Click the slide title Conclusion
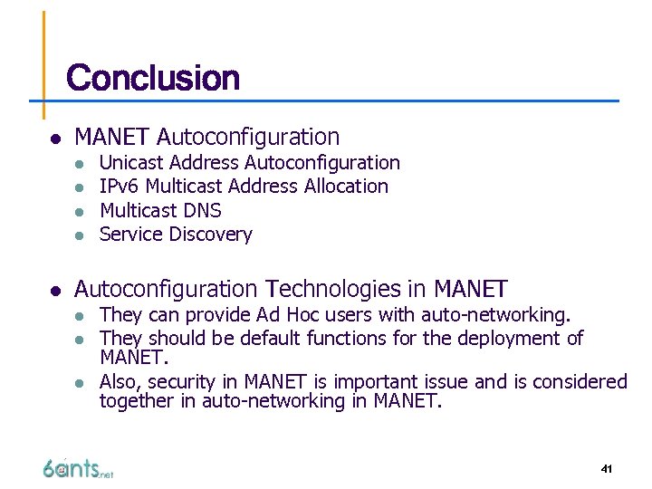[153, 78]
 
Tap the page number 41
[607, 468]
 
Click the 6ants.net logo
[77, 468]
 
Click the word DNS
[202, 211]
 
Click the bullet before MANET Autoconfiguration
[55, 139]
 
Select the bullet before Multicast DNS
[81, 211]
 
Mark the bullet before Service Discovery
[81, 235]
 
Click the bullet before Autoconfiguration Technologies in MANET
[55, 291]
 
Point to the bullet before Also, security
[81, 383]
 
